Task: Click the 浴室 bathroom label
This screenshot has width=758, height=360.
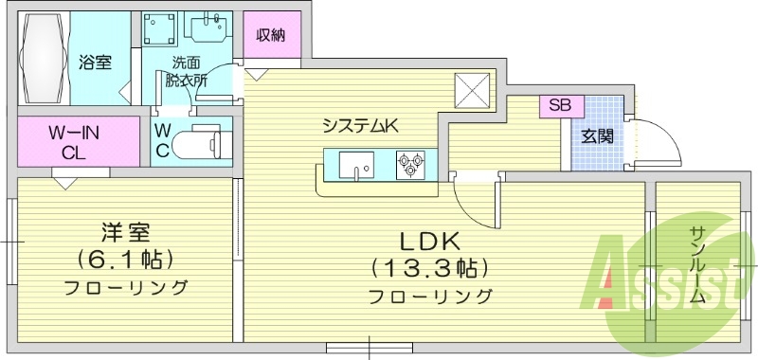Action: pyautogui.click(x=96, y=63)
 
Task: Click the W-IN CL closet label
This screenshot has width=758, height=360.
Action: pyautogui.click(x=72, y=142)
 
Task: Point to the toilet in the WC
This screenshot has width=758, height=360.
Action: pyautogui.click(x=201, y=143)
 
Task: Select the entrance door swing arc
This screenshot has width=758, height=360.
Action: pyautogui.click(x=654, y=142)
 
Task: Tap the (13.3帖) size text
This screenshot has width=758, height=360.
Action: pyautogui.click(x=429, y=266)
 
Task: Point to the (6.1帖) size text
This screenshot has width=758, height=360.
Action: pyautogui.click(x=125, y=259)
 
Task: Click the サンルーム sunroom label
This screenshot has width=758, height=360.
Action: pyautogui.click(x=697, y=265)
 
